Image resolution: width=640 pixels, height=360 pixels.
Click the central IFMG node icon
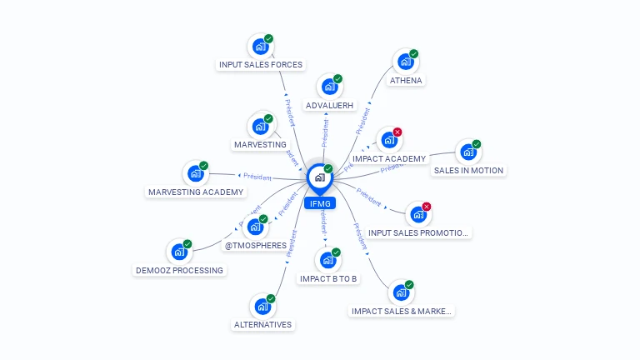coord(319,177)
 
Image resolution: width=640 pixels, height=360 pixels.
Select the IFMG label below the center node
coord(319,203)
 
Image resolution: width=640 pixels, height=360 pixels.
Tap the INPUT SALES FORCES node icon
coord(261,46)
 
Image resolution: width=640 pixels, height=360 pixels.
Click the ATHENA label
coord(406,81)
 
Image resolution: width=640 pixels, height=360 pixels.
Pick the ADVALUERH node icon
coord(330,87)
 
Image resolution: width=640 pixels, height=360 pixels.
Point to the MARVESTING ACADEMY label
coord(197,192)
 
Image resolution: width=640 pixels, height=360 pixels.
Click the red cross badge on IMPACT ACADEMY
coord(397,132)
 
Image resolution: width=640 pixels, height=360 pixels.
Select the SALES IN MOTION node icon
coord(468,152)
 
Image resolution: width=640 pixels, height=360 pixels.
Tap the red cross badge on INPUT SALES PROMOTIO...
coord(427,207)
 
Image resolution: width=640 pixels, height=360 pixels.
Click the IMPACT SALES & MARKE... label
coord(402,311)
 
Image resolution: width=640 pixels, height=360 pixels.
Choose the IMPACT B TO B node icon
coord(328,260)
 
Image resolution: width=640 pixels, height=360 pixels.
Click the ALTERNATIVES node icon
coord(262,306)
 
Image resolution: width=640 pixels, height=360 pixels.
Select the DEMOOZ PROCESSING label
coord(179,270)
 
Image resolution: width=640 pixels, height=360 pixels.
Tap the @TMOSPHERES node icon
coord(256,226)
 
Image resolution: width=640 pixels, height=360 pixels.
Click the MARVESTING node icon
coord(260,127)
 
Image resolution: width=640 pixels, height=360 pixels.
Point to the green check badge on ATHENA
coord(413,54)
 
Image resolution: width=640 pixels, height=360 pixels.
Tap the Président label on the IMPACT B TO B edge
coord(323,222)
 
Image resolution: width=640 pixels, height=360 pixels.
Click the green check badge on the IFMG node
coord(328,169)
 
